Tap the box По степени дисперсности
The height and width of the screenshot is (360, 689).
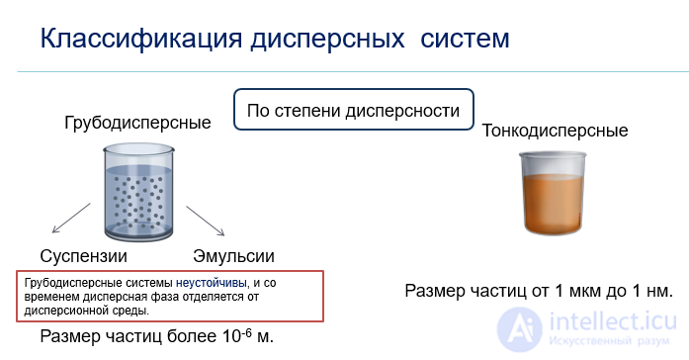(353, 111)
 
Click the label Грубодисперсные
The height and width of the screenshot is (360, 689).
(137, 124)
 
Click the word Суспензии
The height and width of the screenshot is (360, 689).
(84, 256)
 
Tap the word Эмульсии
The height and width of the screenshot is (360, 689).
(233, 256)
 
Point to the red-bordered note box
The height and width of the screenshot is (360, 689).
(170, 295)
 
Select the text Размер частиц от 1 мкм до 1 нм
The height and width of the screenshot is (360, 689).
(539, 291)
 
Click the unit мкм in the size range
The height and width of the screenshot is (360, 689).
(581, 291)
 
